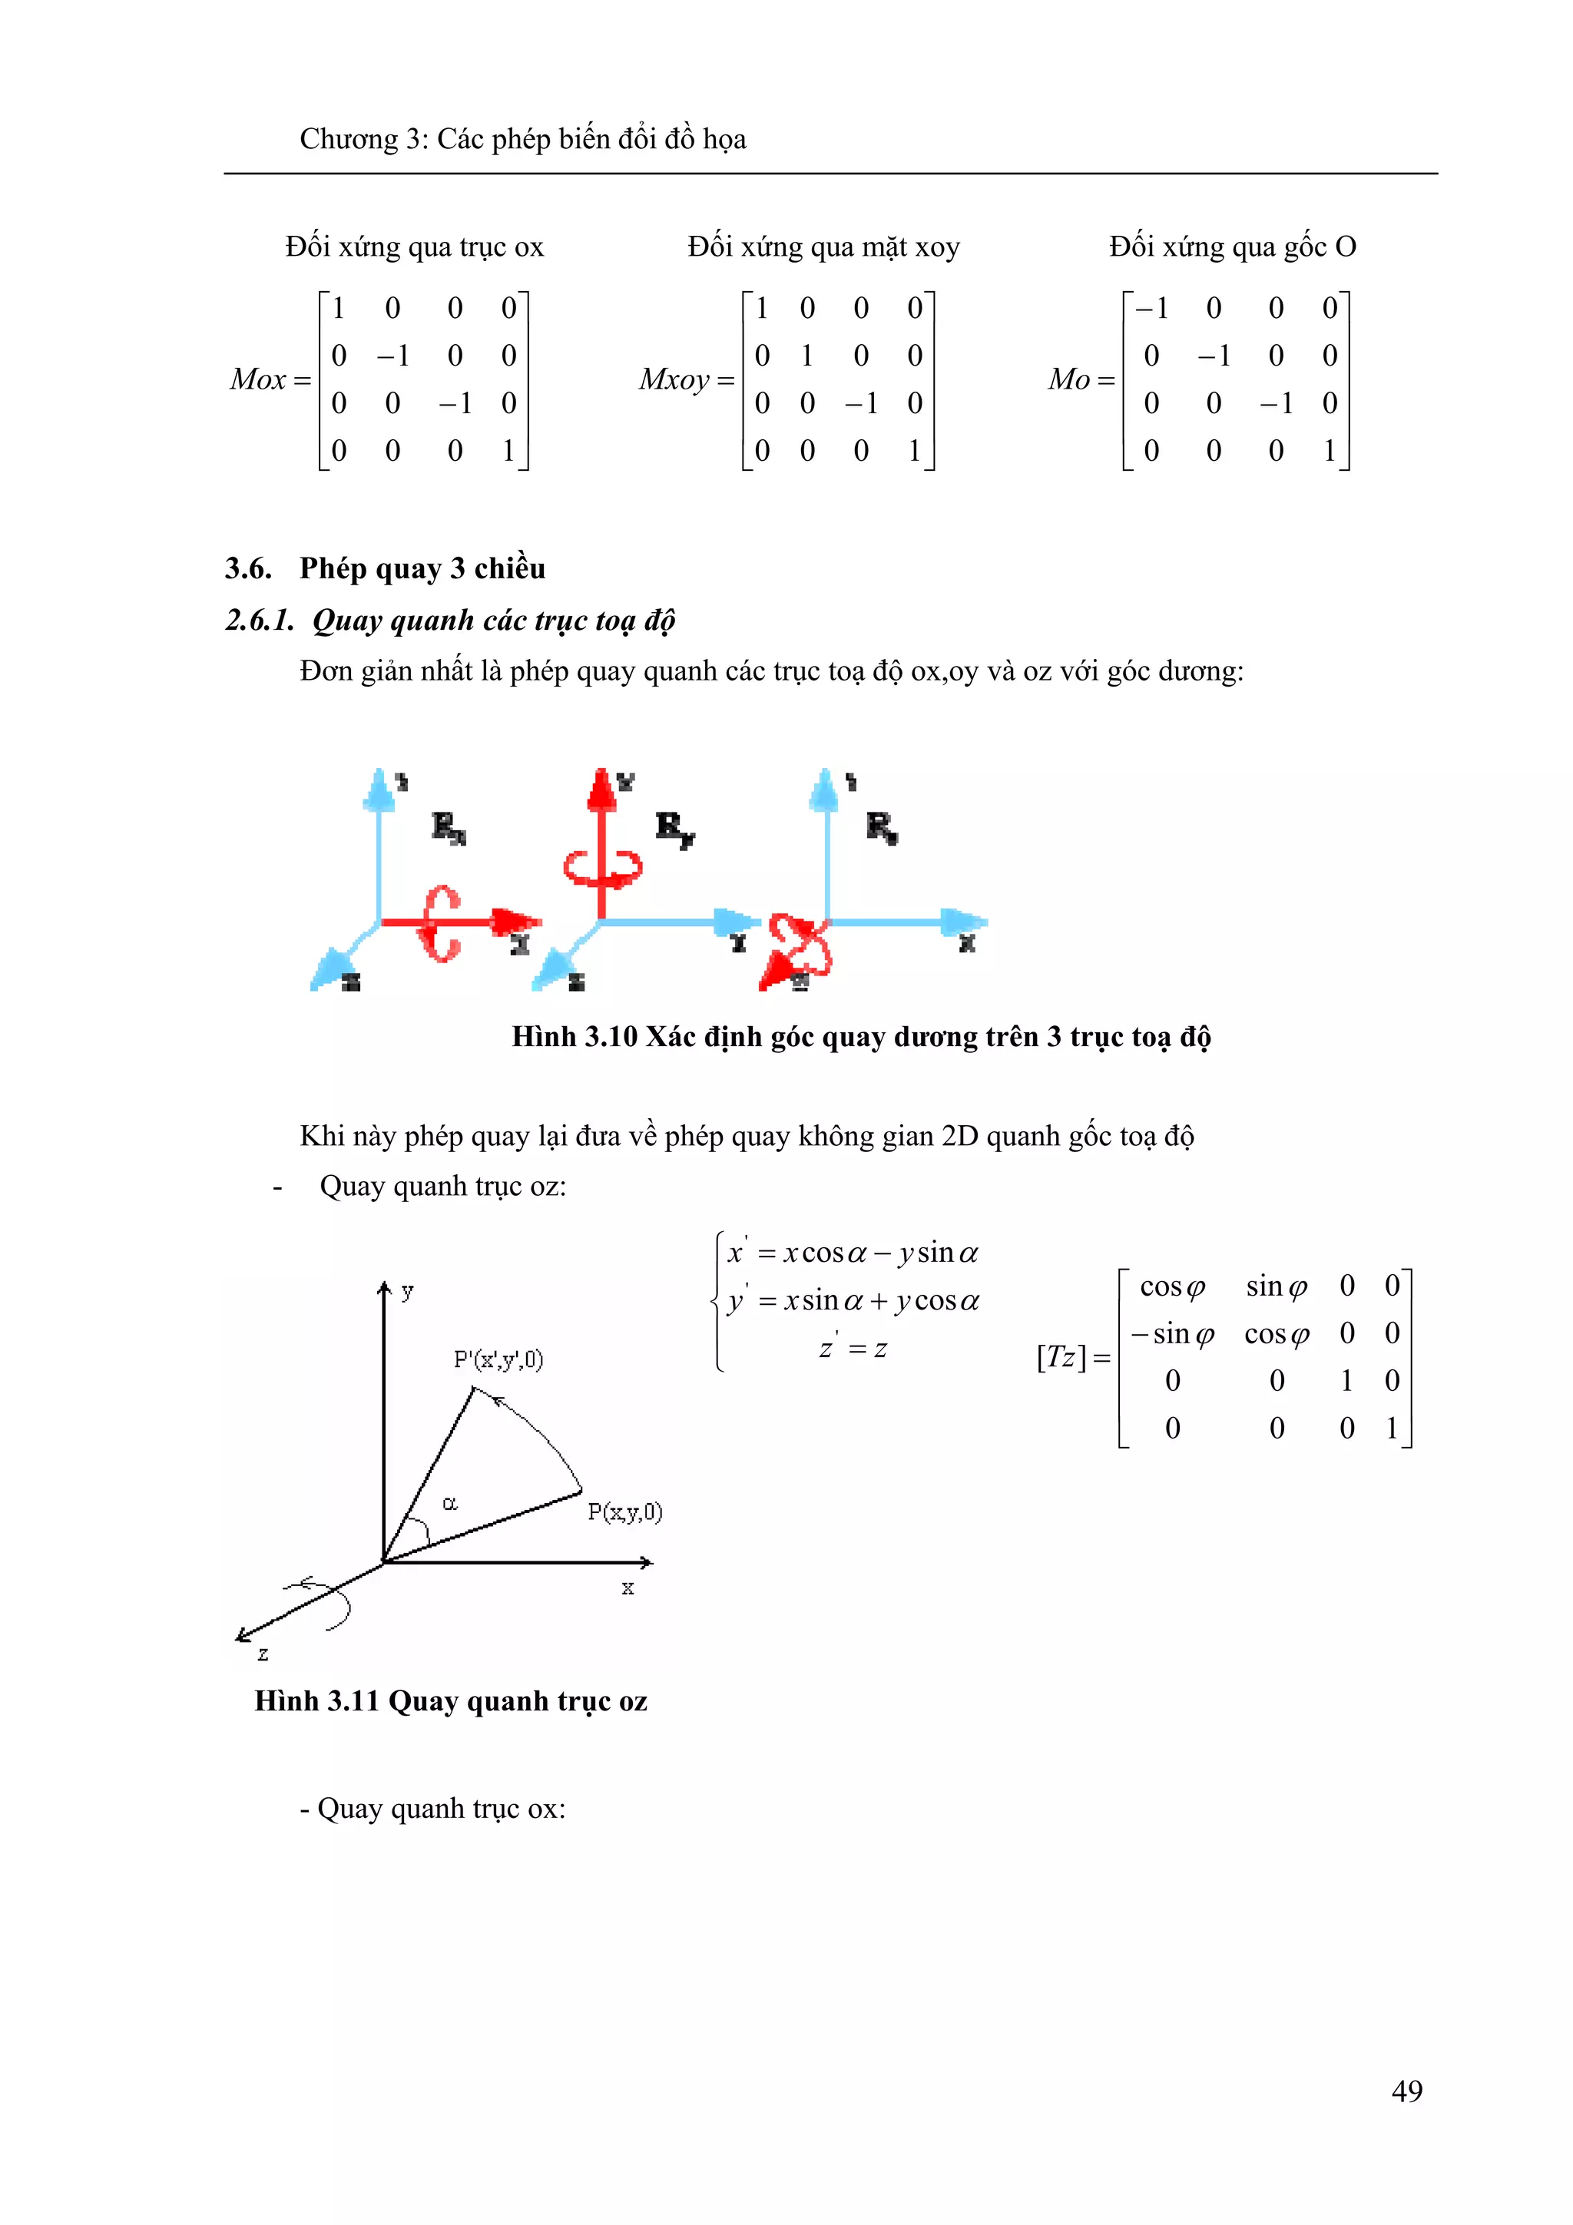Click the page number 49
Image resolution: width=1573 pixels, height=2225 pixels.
click(1406, 2091)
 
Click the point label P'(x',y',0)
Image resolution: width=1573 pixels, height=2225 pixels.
click(498, 1359)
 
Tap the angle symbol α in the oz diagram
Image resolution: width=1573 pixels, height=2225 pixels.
click(450, 1503)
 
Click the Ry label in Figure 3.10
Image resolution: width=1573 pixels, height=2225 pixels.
click(674, 828)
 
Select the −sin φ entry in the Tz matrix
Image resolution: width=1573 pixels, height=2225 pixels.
click(1173, 1333)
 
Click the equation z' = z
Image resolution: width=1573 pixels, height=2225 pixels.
click(853, 1348)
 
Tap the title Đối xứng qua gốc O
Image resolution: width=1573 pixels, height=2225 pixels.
click(1232, 247)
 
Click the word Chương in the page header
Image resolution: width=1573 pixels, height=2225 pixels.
click(349, 140)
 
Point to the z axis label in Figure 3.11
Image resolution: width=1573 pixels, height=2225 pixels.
click(263, 1654)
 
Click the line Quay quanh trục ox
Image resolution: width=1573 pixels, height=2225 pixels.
click(432, 1808)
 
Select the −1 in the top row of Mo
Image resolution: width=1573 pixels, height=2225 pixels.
click(1151, 310)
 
